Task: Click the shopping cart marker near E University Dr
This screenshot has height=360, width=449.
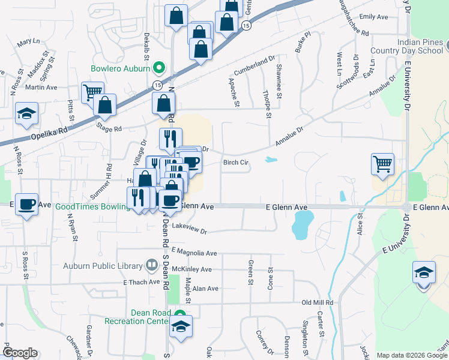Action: point(382,163)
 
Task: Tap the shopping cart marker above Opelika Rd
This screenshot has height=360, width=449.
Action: point(92,92)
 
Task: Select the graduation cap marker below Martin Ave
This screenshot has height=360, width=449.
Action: point(26,114)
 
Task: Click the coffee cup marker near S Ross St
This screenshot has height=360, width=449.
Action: point(26,204)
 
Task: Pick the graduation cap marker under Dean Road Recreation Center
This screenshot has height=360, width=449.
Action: point(180,326)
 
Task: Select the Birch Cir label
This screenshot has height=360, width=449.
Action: point(236,162)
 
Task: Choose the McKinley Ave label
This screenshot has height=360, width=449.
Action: point(191,269)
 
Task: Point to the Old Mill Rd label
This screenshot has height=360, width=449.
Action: point(317,302)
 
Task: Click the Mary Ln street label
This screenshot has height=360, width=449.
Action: point(28,43)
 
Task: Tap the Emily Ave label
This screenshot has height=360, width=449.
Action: point(374,17)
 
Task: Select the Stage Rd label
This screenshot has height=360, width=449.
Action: point(109,128)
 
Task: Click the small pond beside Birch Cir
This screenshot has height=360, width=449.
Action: point(271,160)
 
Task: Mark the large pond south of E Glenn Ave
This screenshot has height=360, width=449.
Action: point(302,227)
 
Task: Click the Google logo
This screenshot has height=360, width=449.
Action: point(20,353)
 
